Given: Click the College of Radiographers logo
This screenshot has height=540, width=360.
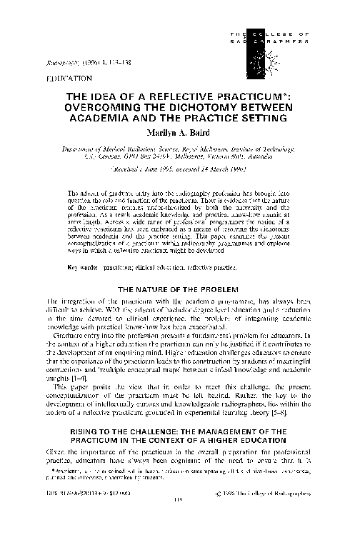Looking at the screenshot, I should coord(272,40).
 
